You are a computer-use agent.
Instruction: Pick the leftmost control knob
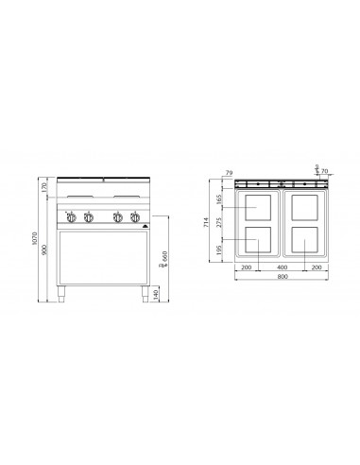(73, 219)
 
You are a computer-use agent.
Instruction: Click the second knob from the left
(88, 219)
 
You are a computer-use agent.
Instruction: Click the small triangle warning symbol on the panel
(145, 226)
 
